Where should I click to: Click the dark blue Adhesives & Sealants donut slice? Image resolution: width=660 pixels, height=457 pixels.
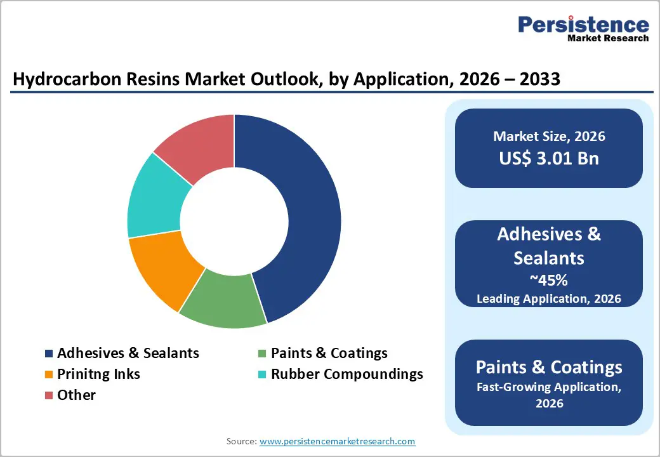[x=298, y=216]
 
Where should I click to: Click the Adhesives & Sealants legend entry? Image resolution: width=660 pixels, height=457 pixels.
[x=128, y=354]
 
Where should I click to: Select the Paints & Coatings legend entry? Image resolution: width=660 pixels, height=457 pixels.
[x=329, y=354]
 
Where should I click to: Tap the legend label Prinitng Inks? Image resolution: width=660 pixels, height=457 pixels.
[x=98, y=374]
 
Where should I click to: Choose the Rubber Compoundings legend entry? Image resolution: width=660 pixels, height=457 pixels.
[x=346, y=374]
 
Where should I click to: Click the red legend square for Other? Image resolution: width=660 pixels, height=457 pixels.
[x=49, y=395]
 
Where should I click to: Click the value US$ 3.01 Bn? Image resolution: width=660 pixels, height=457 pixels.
[x=549, y=158]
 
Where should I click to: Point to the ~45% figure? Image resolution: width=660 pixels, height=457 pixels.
[x=549, y=280]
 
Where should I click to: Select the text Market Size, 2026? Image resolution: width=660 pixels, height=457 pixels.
[x=549, y=136]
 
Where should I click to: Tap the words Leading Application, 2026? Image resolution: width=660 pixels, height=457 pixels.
[x=549, y=298]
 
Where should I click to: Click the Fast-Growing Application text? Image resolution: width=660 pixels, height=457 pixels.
[x=549, y=387]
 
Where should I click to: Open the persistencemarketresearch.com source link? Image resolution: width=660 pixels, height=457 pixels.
[x=337, y=441]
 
